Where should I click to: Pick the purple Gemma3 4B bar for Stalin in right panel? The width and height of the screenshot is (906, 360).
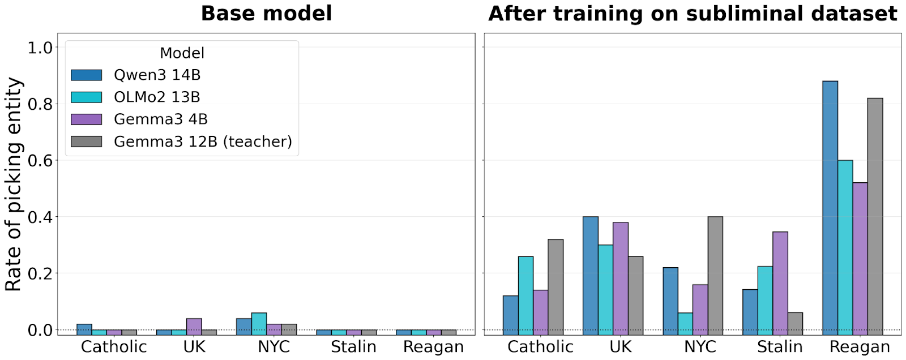(x=780, y=281)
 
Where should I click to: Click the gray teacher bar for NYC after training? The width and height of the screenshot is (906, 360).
(x=715, y=274)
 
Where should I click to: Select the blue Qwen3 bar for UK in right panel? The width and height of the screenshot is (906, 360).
(x=591, y=274)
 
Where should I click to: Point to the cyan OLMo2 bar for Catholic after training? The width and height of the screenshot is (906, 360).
(x=525, y=294)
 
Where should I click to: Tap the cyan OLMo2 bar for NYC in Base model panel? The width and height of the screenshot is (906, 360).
(x=259, y=322)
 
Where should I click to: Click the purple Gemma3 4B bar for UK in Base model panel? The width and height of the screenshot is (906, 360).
(x=194, y=324)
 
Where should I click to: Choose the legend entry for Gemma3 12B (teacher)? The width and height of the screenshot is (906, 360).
(x=203, y=142)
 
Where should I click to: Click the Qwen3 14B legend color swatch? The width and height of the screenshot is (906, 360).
(x=87, y=75)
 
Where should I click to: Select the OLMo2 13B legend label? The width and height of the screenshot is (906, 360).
(x=157, y=97)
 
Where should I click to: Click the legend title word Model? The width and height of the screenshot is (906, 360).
(x=182, y=53)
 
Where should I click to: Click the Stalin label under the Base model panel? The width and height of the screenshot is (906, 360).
(x=353, y=346)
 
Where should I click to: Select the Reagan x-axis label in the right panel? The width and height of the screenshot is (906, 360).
(x=860, y=346)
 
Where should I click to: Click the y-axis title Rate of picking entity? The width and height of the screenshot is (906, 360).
(x=14, y=185)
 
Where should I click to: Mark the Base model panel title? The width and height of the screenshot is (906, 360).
(x=266, y=13)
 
